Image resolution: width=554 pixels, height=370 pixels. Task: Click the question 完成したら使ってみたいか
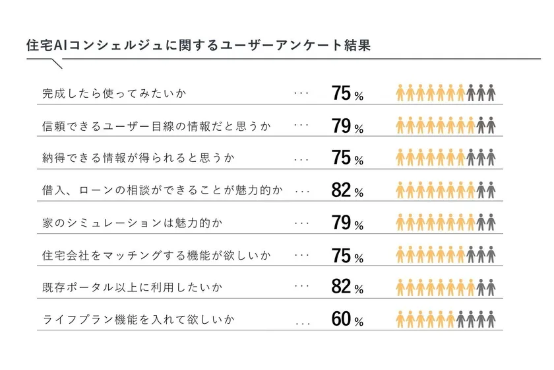[113, 93]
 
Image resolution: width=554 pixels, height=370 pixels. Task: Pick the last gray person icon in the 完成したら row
[491, 93]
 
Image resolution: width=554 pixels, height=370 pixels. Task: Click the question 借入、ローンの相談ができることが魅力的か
[162, 190]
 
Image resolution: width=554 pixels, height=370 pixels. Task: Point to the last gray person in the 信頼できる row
[491, 126]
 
